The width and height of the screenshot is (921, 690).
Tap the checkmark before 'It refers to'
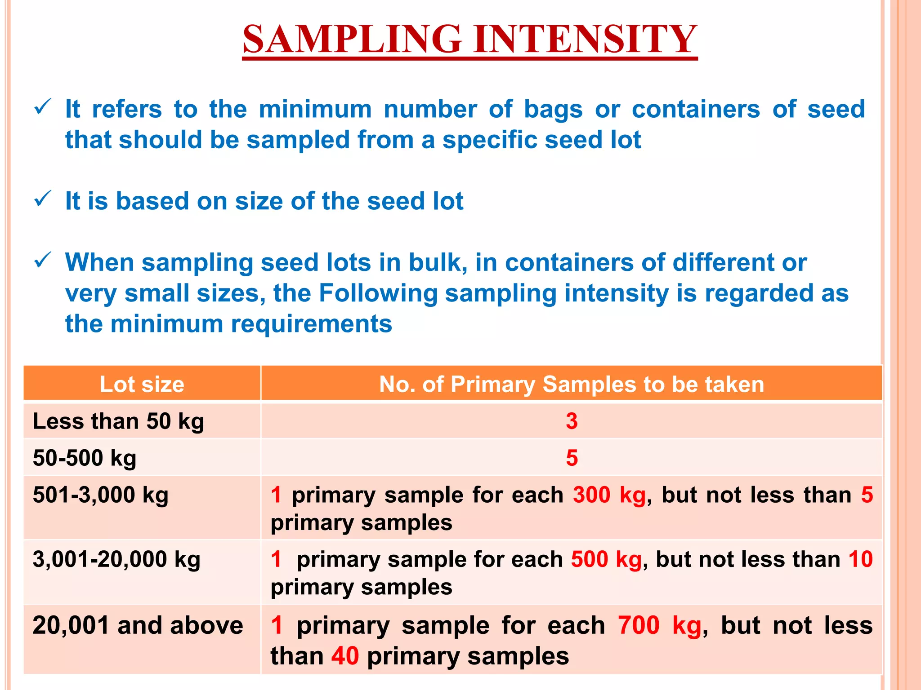pyautogui.click(x=43, y=108)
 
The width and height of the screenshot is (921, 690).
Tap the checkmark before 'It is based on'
pyautogui.click(x=43, y=199)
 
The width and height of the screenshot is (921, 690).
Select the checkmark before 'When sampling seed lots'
pyautogui.click(x=43, y=261)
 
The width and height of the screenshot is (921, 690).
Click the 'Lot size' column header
pyautogui.click(x=142, y=385)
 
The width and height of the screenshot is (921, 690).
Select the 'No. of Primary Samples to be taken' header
pyautogui.click(x=571, y=385)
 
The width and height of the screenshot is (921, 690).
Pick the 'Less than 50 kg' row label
pyautogui.click(x=118, y=421)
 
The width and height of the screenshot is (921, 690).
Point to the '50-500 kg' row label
pyautogui.click(x=85, y=458)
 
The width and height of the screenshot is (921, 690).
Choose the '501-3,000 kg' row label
pyautogui.click(x=101, y=495)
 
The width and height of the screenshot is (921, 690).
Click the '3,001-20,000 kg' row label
pyautogui.click(x=116, y=560)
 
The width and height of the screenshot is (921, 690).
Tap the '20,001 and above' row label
pyautogui.click(x=138, y=625)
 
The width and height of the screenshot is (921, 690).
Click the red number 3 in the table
pyautogui.click(x=572, y=421)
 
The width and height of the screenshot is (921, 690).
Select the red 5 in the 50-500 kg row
pyautogui.click(x=572, y=458)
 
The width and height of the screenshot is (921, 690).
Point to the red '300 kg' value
pyautogui.click(x=609, y=495)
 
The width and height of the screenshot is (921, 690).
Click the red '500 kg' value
pyautogui.click(x=606, y=560)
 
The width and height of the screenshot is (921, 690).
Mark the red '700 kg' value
pyautogui.click(x=659, y=625)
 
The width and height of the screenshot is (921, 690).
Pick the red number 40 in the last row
pyautogui.click(x=345, y=656)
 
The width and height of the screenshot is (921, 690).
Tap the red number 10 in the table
pyautogui.click(x=860, y=560)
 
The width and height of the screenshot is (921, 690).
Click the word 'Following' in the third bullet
pyautogui.click(x=378, y=293)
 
